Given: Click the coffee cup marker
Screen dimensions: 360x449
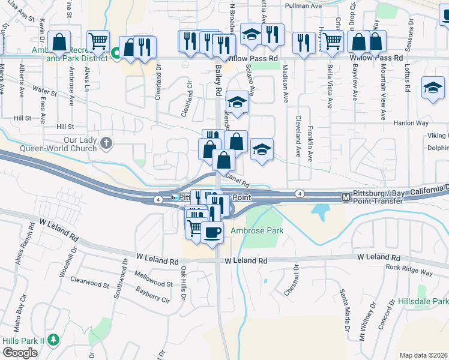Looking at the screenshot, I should (211, 232).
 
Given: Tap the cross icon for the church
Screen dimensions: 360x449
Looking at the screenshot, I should (106, 143).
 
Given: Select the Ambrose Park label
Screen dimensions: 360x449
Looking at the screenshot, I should (265, 231).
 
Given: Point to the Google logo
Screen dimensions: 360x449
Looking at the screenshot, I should (20, 352).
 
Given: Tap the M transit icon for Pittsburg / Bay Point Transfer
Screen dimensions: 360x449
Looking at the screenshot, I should (346, 197).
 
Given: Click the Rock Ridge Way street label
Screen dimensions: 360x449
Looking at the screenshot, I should (409, 272).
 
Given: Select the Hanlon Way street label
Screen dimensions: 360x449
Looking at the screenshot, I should (411, 122).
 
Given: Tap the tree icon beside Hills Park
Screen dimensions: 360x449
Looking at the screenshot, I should (53, 340).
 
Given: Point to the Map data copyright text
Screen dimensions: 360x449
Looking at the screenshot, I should (423, 355).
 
